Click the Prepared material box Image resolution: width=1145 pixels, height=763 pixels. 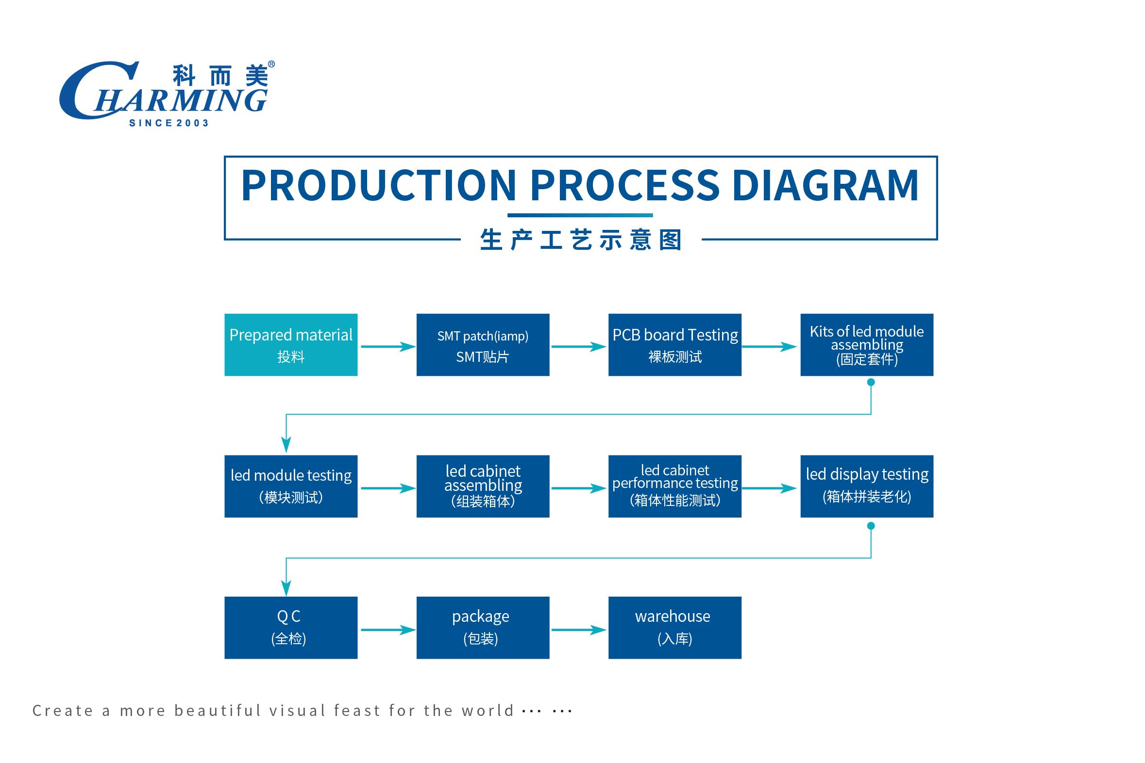click(291, 344)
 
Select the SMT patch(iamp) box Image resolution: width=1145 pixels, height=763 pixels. click(483, 344)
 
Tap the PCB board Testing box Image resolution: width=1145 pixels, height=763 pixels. click(674, 344)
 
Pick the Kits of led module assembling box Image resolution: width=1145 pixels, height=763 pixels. click(866, 344)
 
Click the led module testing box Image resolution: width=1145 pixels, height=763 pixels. click(291, 486)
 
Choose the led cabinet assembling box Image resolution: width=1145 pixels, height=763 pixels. click(483, 486)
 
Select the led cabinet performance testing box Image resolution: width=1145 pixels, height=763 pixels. click(674, 486)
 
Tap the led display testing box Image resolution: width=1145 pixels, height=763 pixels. click(866, 486)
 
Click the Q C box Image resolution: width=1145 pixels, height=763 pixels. click(291, 628)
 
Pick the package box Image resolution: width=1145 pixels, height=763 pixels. click(483, 628)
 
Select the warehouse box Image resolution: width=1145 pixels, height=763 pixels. click(674, 628)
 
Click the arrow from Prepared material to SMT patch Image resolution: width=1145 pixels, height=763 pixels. click(388, 346)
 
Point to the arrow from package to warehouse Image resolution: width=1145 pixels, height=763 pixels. click(579, 630)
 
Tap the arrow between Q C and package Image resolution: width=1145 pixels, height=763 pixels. click(388, 630)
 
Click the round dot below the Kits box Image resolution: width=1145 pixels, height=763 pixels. click(871, 383)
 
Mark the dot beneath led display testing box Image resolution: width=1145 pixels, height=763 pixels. click(871, 526)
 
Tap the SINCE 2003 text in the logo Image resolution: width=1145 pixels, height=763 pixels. click(168, 123)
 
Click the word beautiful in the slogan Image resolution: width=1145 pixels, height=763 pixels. click(218, 711)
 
